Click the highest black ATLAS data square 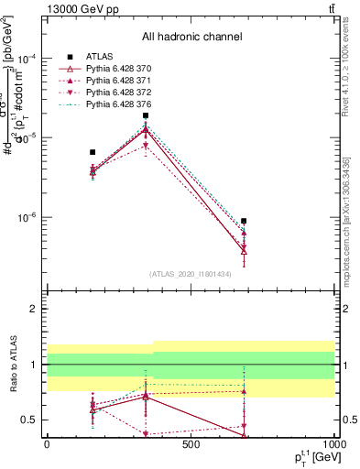tap(146, 115)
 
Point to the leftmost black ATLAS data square tap(93, 152)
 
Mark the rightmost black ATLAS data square tap(244, 221)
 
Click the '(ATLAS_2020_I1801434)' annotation tap(191, 274)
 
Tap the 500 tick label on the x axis tap(191, 445)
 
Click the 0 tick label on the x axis tap(47, 445)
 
